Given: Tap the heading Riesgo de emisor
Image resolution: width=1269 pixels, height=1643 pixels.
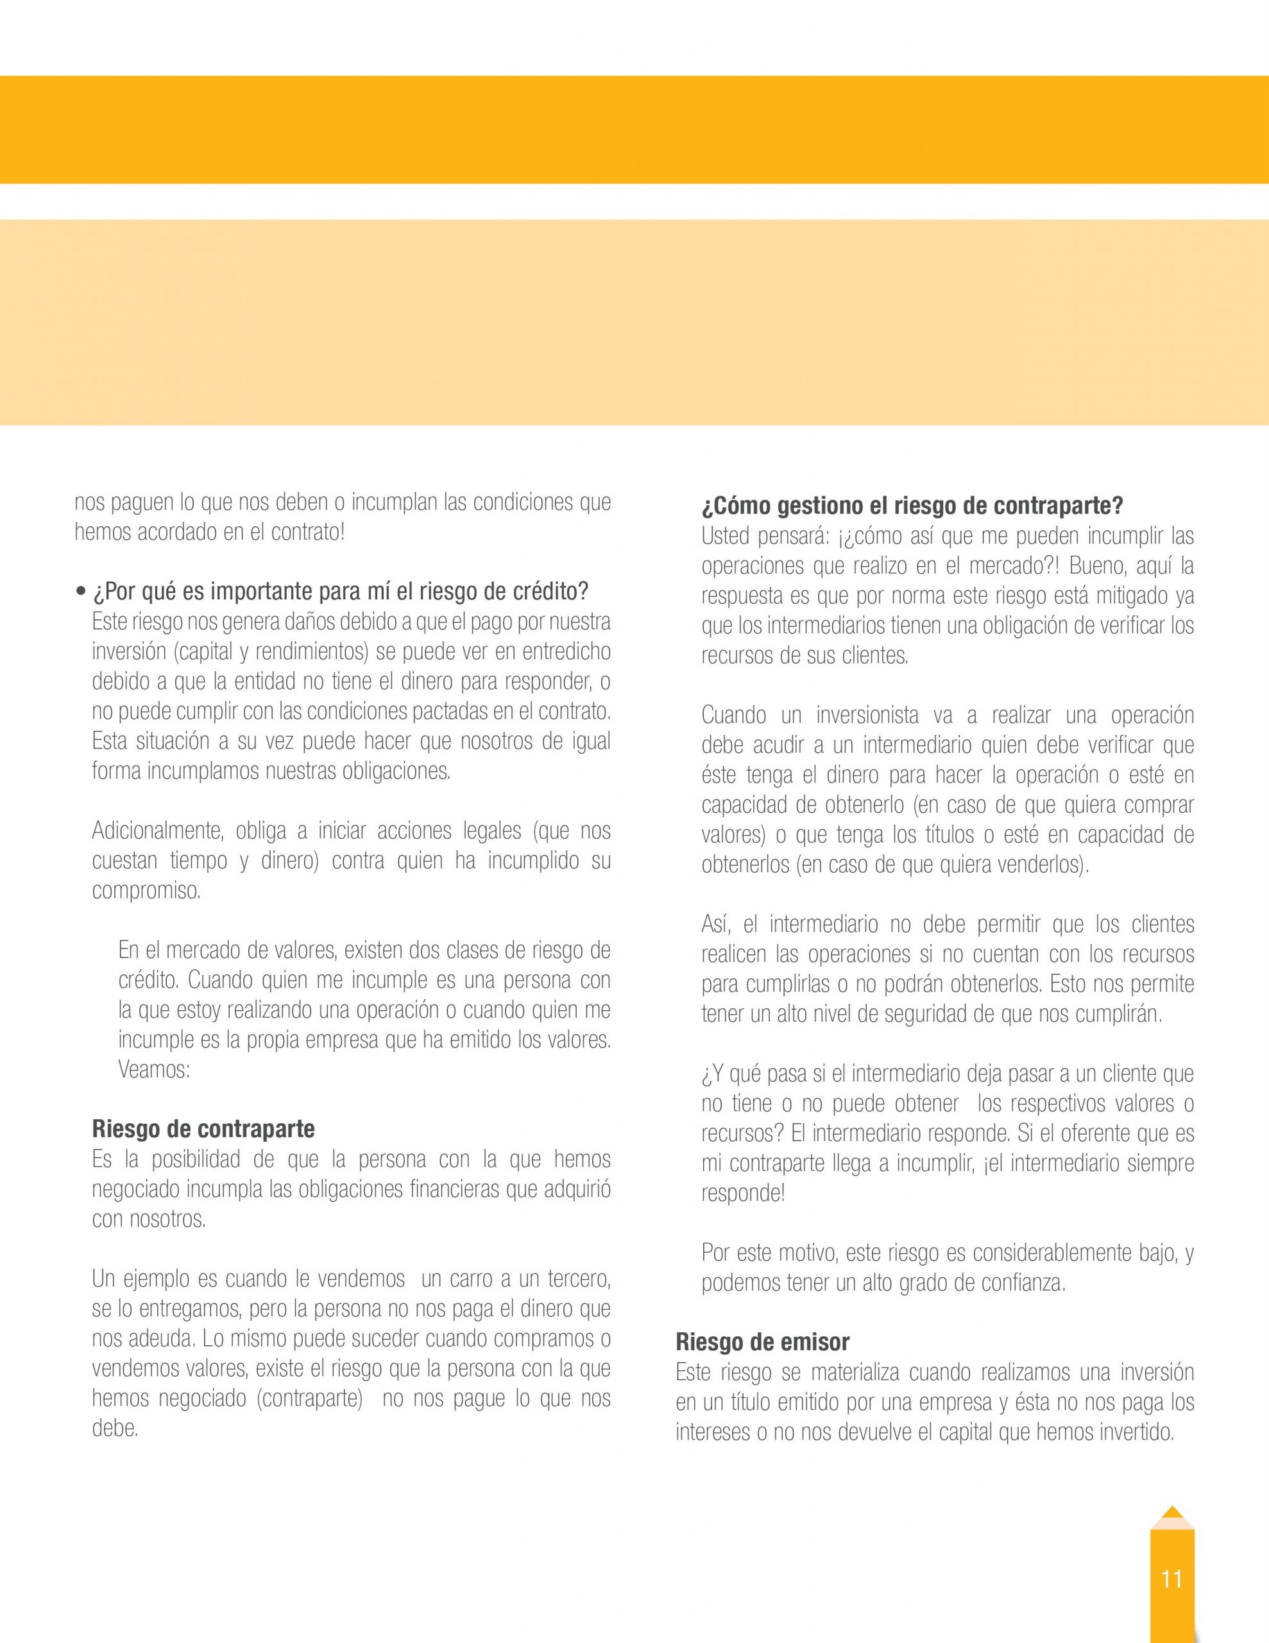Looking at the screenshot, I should (762, 1342).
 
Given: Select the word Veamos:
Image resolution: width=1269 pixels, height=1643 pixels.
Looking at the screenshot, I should (153, 1070).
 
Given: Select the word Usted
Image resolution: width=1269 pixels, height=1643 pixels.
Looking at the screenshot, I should (725, 536).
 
